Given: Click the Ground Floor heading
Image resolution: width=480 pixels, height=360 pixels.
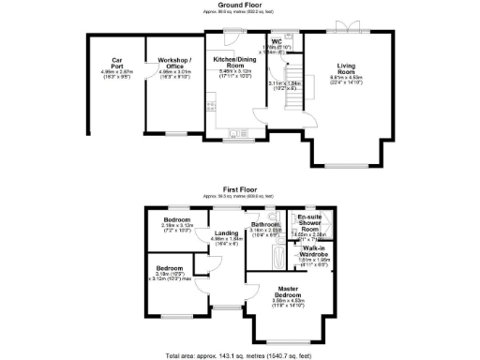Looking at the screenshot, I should point(238,5).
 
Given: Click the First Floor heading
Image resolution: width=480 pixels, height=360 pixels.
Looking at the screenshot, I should point(238,187).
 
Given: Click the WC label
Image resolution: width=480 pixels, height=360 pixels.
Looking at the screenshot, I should point(277,41).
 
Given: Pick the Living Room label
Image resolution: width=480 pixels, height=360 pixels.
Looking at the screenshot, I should point(352,67).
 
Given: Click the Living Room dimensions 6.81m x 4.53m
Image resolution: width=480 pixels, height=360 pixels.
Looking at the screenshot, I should point(352,79).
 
